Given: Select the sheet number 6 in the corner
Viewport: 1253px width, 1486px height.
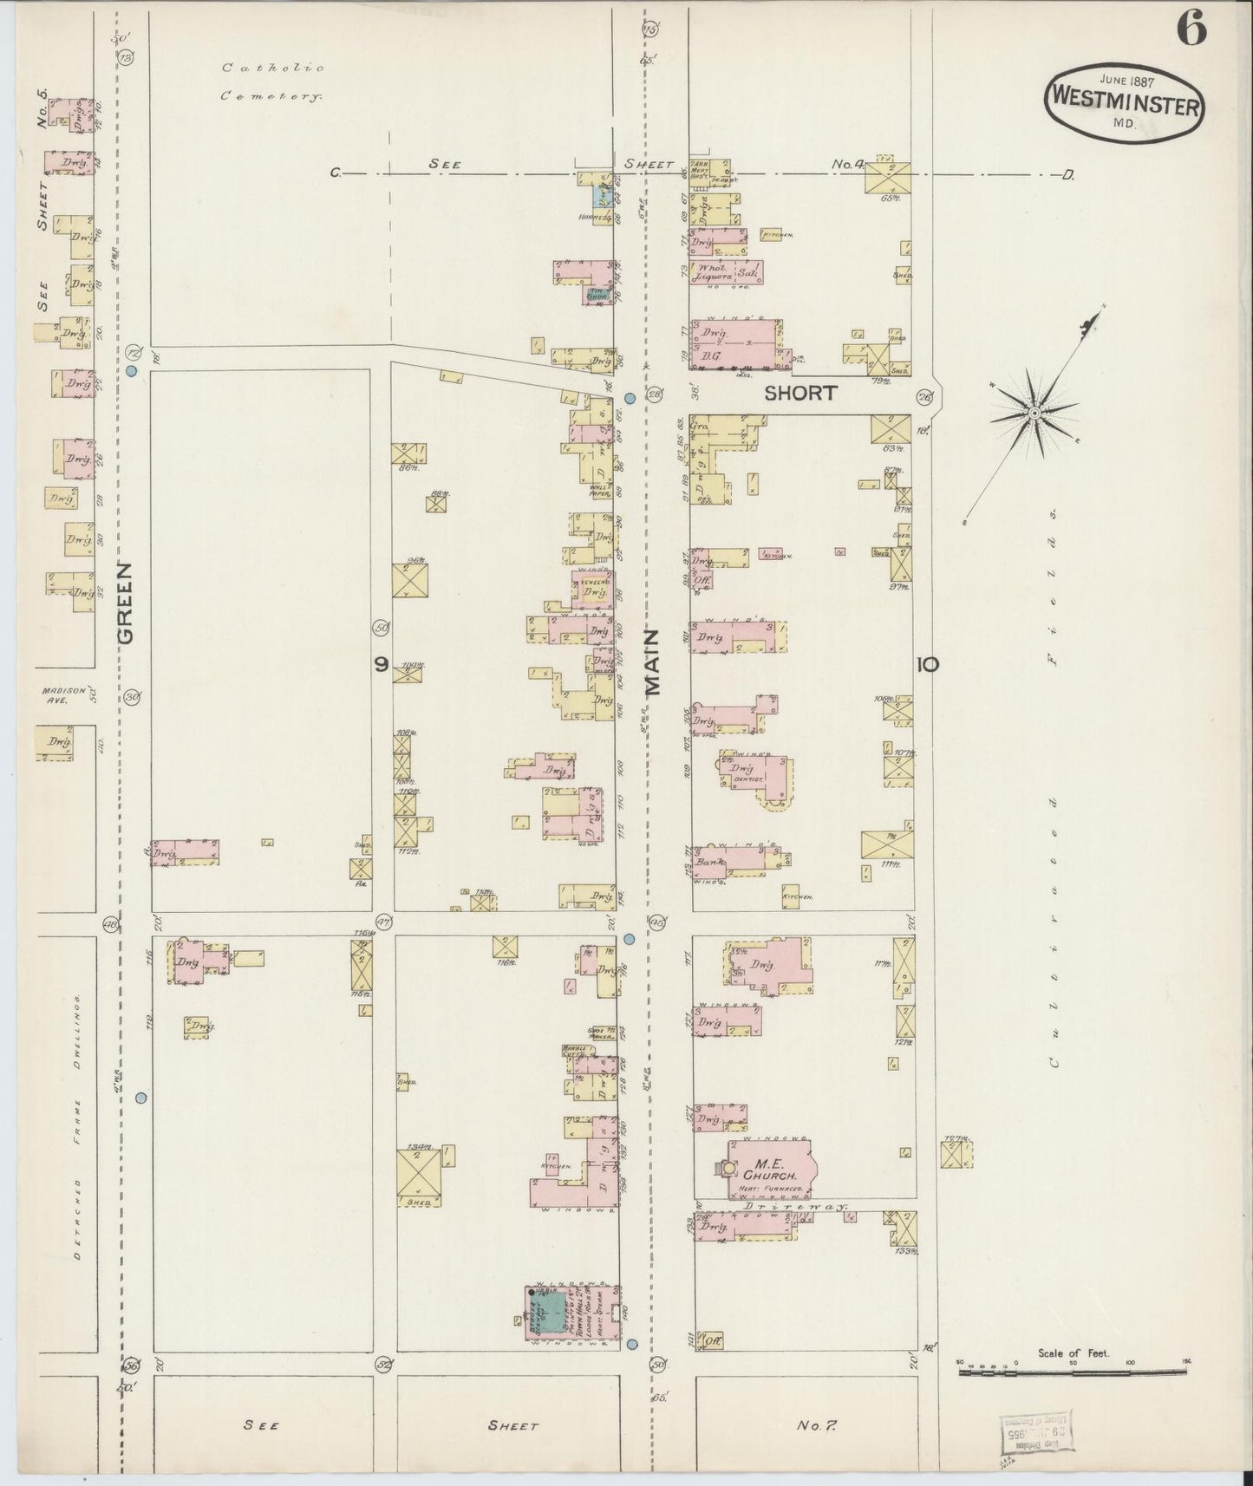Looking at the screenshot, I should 1191,30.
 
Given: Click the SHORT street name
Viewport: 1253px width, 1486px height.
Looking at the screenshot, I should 800,393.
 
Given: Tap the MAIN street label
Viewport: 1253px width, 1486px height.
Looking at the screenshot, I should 653,662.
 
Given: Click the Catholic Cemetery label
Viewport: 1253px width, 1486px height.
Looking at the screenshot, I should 272,82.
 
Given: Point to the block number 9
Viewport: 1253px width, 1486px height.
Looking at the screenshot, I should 382,664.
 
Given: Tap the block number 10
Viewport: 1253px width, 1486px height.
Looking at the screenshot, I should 926,665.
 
